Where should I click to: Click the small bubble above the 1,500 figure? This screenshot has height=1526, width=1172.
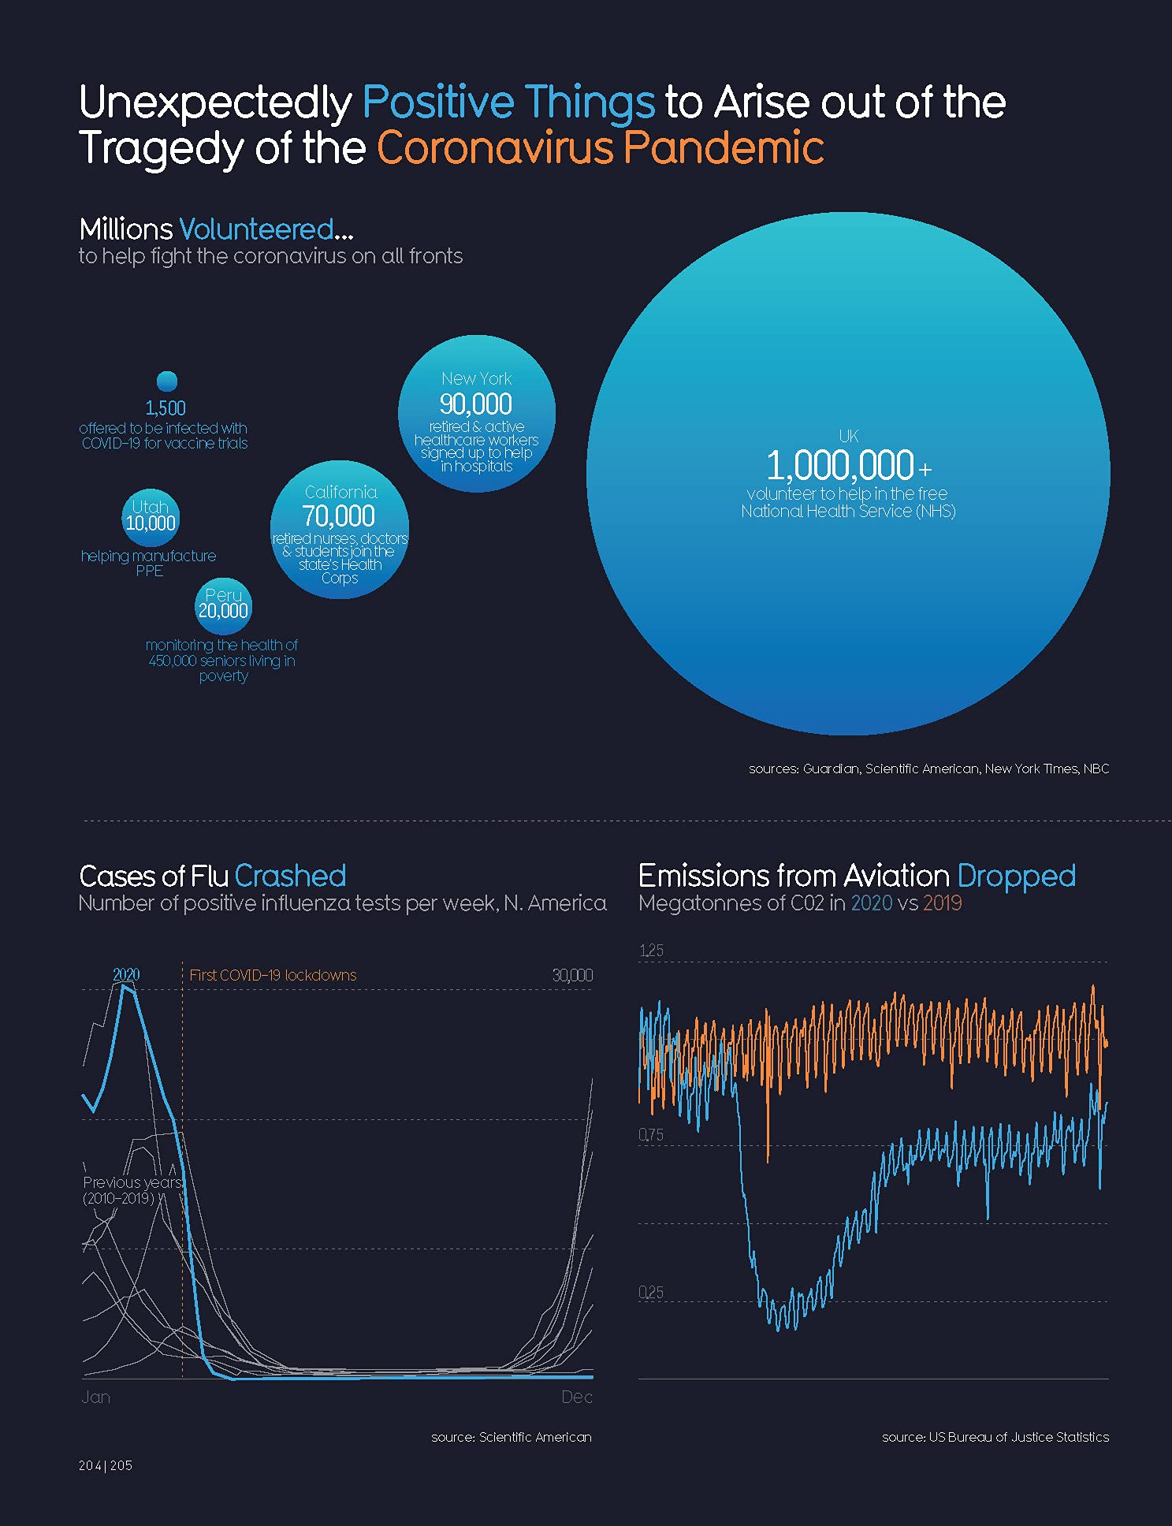167,381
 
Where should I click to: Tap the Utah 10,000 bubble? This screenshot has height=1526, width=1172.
151,515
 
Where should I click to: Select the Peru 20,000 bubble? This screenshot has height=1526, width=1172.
223,605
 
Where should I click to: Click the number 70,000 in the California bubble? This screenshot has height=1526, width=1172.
339,516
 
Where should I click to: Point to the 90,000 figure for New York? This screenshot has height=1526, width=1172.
476,404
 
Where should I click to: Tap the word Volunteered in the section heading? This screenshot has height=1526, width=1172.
257,229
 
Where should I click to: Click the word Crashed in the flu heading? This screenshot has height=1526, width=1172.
290,877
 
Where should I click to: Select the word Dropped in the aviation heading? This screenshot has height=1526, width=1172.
1016,877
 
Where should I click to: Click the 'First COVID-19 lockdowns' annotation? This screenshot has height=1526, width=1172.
273,975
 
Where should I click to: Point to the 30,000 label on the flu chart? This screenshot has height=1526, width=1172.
572,975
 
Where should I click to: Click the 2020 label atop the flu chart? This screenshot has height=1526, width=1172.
126,974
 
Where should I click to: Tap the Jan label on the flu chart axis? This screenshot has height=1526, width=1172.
96,1398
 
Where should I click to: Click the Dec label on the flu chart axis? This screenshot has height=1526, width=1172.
576,1398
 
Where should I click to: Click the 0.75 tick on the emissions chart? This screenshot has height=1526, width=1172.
651,1135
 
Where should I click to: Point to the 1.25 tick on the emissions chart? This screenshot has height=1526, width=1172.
651,951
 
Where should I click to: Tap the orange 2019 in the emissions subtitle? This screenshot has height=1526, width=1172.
942,903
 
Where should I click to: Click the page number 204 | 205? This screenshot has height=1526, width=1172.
106,1465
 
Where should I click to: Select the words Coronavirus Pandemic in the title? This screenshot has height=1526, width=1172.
601,148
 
